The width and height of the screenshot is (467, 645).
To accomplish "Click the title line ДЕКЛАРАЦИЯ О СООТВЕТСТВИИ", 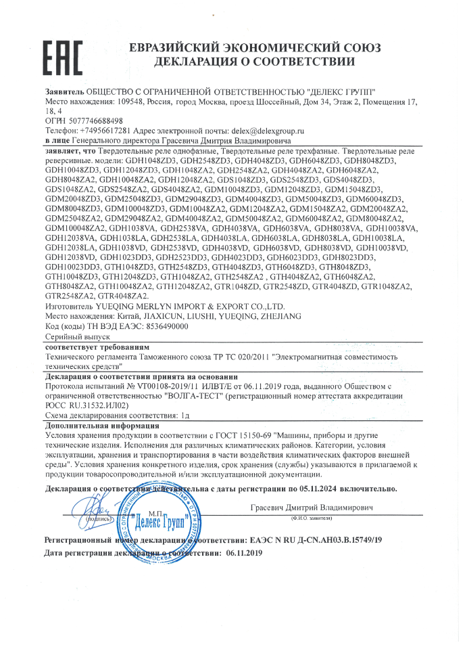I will pyautogui.click(x=255, y=62).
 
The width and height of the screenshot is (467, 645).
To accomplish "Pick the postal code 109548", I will pyautogui.click(x=129, y=102).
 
